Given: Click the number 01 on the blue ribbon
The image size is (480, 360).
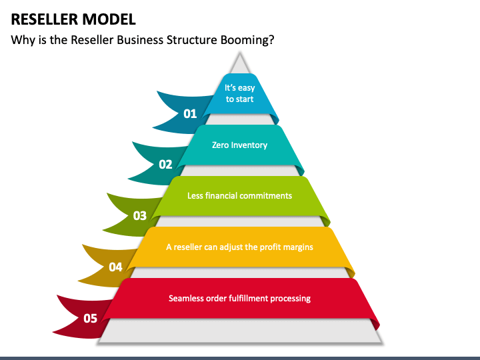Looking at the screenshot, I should (x=190, y=113).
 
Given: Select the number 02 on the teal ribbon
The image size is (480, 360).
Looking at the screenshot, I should (x=165, y=164).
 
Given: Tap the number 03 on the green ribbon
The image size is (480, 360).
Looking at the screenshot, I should (x=140, y=215).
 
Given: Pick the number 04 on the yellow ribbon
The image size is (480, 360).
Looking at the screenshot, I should (x=115, y=267).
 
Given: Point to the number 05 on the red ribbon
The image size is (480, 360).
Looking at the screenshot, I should (x=90, y=318).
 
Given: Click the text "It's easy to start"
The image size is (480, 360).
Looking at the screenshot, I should (x=239, y=93).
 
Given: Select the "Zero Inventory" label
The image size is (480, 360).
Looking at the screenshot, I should (x=239, y=145).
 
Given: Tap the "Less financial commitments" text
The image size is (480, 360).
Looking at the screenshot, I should (x=239, y=195).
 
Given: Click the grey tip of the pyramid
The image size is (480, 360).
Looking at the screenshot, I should (x=239, y=64).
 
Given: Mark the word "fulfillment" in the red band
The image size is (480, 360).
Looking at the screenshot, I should (x=252, y=298).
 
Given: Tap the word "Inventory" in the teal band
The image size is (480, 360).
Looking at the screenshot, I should (x=249, y=145).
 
